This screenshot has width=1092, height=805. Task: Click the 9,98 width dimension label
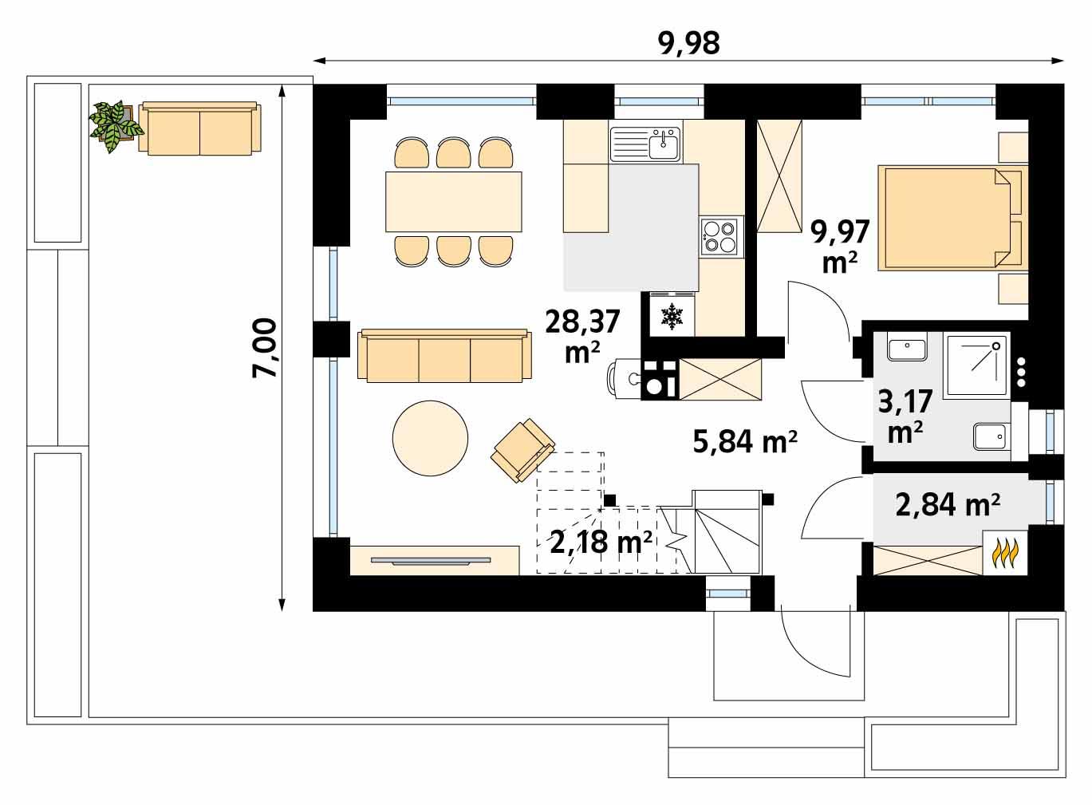pos(689,43)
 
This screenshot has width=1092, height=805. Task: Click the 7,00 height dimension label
pos(264,348)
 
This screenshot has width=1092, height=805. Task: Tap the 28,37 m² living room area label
pos(582,335)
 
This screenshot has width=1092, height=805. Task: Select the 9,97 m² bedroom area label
pos(839,245)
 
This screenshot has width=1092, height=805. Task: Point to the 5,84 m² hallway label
pos(745,440)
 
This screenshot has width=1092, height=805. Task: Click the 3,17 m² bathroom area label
pos(905,416)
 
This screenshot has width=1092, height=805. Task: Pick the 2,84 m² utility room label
pos(948,504)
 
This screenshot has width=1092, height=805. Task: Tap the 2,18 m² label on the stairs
pos(601,542)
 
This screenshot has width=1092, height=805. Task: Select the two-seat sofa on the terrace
pos(199,128)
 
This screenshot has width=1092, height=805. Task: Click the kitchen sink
pos(645,144)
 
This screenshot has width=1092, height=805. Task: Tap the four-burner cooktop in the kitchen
pos(721,236)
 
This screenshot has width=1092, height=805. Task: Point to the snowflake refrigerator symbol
pos(673,317)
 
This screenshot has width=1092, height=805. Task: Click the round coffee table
pos(431,438)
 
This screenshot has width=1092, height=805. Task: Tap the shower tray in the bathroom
pos(976,366)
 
